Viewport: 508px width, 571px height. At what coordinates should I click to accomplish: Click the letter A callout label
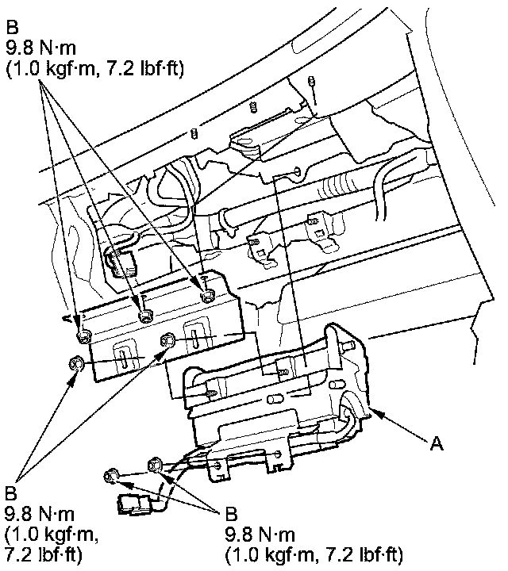(437, 444)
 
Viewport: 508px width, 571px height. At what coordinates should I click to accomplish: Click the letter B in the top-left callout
(12, 27)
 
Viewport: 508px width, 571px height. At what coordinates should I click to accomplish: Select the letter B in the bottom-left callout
(10, 493)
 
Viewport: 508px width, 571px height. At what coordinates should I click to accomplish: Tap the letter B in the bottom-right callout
(231, 514)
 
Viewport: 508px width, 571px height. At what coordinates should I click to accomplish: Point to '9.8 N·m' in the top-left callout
(41, 48)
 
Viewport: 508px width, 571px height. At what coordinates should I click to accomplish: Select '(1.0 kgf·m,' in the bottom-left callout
(52, 535)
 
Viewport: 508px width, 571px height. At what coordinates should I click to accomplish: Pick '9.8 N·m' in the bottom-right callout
(260, 535)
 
